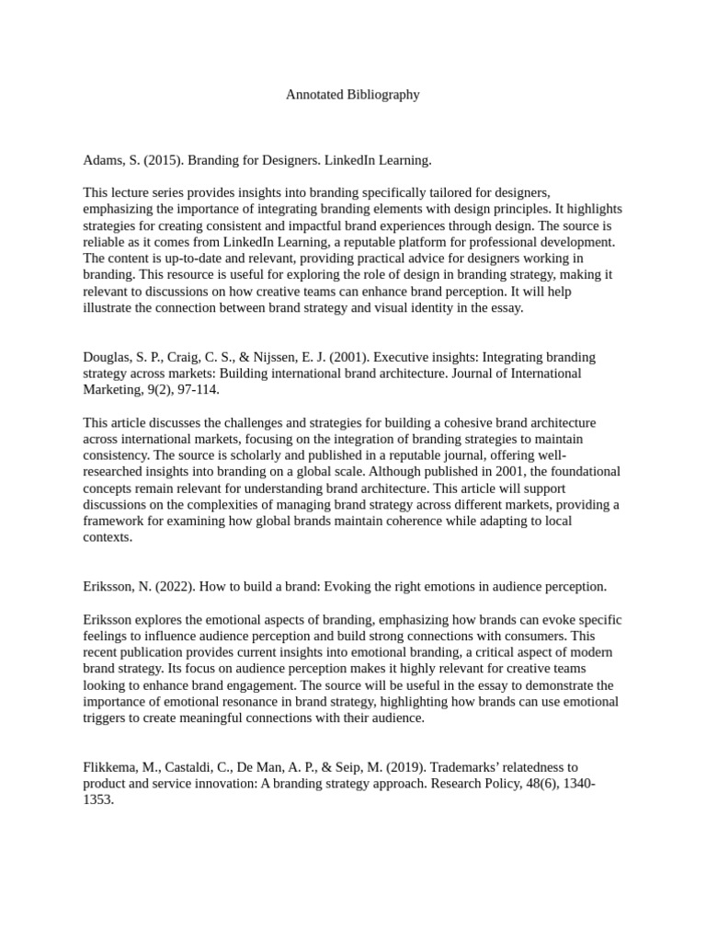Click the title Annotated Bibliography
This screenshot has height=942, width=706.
pos(352,94)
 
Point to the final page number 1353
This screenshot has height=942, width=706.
pos(98,799)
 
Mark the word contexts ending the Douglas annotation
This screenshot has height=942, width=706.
pos(106,537)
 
